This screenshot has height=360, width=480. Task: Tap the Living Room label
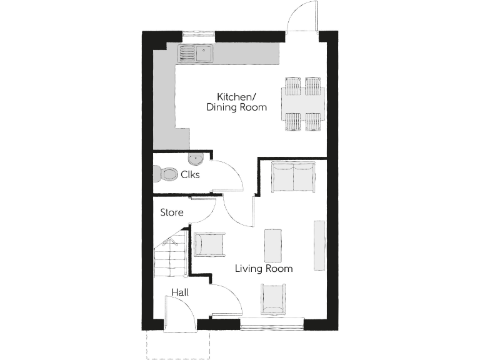click(x=264, y=269)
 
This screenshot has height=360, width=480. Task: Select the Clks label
click(x=190, y=175)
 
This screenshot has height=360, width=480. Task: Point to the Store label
click(x=172, y=212)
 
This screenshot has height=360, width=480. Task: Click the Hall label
click(x=180, y=292)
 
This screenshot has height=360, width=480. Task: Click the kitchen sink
click(x=196, y=54)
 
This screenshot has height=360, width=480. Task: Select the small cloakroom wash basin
click(x=194, y=157)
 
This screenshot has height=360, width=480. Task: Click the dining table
click(x=304, y=104)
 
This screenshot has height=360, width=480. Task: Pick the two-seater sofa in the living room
click(x=294, y=177)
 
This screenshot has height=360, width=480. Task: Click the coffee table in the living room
click(x=274, y=245)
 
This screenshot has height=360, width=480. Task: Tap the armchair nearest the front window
click(x=274, y=299)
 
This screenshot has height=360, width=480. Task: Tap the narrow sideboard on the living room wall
click(x=319, y=245)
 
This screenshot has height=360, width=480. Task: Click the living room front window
click(x=272, y=324)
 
